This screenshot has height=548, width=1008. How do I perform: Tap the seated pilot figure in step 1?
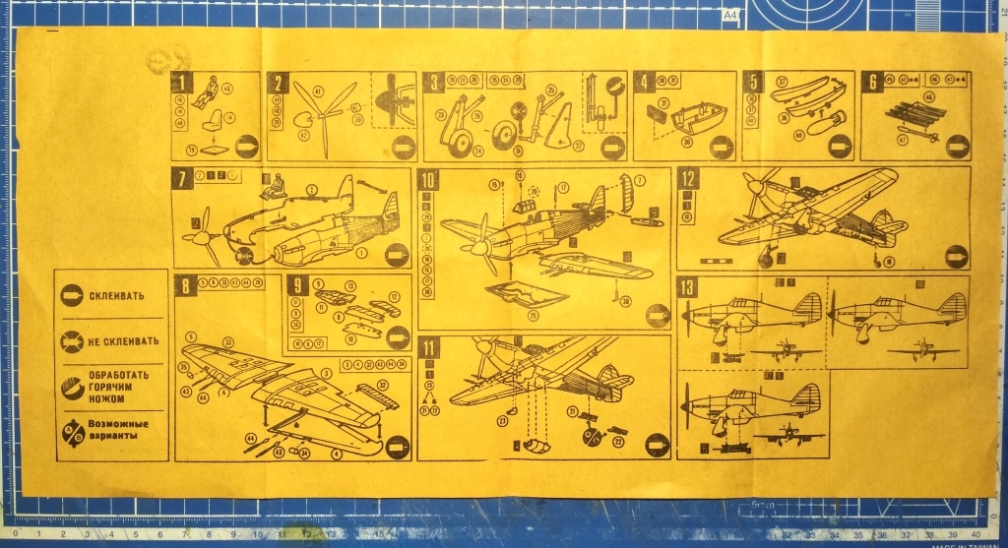pos(208,95)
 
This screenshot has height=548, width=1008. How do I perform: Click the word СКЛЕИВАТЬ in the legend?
pos(117,295)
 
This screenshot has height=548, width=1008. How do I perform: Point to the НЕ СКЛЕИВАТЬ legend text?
pos(123,341)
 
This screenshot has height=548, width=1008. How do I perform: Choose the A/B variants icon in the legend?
pos(72,432)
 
